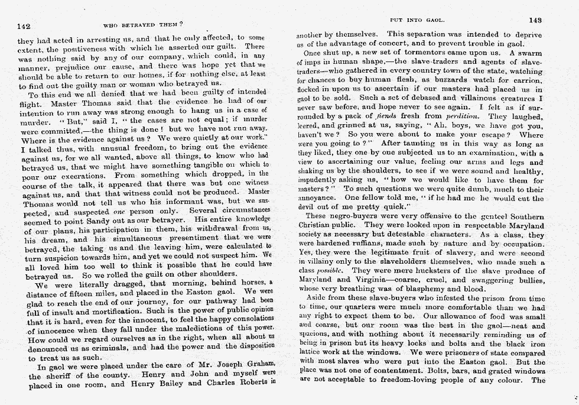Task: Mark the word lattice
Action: click(312, 353)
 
